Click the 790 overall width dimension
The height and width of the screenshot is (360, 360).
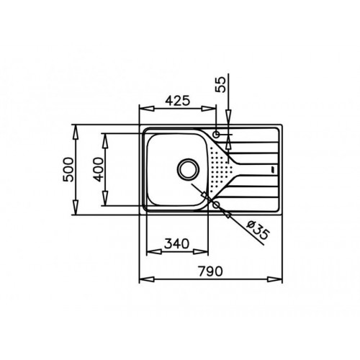pyautogui.click(x=210, y=271)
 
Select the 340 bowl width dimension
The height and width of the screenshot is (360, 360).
pyautogui.click(x=177, y=243)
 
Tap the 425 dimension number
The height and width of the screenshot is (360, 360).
pyautogui.click(x=178, y=101)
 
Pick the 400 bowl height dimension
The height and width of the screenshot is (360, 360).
pyautogui.click(x=99, y=169)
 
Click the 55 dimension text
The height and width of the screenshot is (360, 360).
pyautogui.click(x=221, y=84)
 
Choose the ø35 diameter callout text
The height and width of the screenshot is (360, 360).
pyautogui.click(x=258, y=230)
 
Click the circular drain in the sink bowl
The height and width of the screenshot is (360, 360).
pyautogui.click(x=188, y=169)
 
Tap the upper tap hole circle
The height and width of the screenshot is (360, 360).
pyautogui.click(x=217, y=134)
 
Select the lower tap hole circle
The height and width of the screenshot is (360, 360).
pyautogui.click(x=217, y=204)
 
